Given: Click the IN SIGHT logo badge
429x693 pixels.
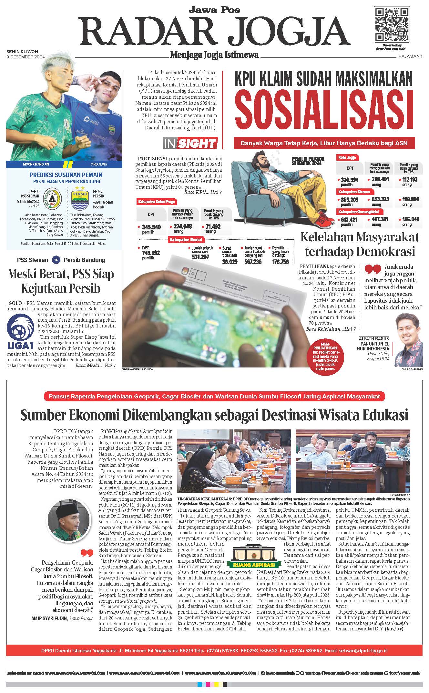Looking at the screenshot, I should pos(190,143).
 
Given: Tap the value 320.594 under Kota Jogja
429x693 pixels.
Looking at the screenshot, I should pos(350,180).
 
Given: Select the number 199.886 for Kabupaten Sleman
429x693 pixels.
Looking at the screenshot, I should pos(411,199).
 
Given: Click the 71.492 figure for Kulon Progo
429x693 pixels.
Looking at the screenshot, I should pos(213,226).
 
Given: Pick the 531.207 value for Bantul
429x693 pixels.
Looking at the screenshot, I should pos(201,257).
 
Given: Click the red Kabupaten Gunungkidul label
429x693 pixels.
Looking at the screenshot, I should pos(356,212).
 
